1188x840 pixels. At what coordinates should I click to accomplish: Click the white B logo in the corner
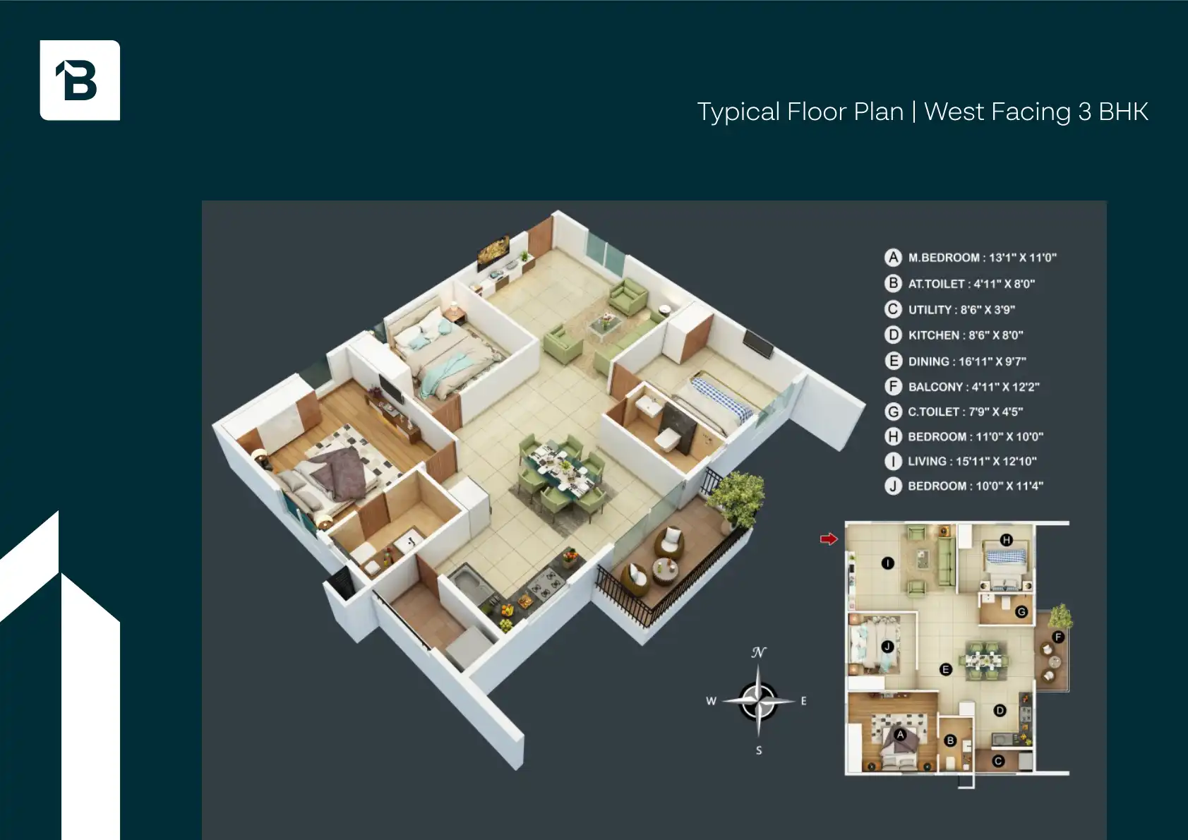click(80, 80)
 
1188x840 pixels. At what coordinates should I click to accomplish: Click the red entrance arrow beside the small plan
click(828, 539)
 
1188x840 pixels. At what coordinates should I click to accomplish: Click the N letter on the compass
click(759, 652)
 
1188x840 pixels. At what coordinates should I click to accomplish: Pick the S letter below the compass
click(759, 750)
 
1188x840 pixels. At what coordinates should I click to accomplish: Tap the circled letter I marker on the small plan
click(888, 563)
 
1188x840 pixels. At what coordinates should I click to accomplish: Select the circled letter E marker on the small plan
click(946, 669)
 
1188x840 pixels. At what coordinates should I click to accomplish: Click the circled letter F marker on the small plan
click(1058, 637)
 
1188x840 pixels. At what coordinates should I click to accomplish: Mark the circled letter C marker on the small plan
click(998, 761)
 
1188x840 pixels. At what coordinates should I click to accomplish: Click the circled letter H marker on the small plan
click(1007, 540)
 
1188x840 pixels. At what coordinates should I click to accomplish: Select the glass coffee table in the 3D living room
click(606, 325)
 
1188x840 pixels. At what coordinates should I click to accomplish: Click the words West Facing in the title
click(997, 112)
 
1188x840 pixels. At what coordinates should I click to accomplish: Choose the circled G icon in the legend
click(894, 412)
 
